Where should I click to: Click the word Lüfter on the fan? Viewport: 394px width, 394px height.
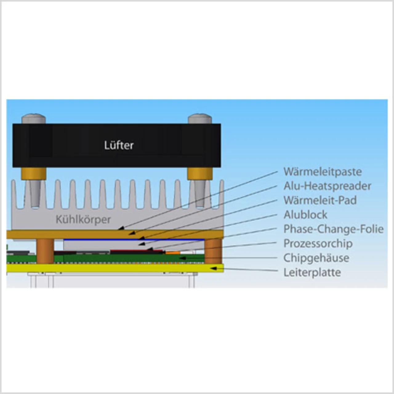coord(119,145)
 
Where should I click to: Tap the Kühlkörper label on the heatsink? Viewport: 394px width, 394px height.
coord(83,219)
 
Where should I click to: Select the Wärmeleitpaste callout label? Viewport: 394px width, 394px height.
coord(322,171)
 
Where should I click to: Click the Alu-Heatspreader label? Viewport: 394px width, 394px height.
coord(327,186)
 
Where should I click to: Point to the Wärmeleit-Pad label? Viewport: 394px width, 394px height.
coord(320,200)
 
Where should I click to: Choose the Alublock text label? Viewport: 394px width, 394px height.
coord(305,215)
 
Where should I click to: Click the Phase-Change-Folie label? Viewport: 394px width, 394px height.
coord(333,229)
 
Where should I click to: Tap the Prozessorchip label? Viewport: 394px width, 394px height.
coord(318,243)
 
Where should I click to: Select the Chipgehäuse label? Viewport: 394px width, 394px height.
coord(316,258)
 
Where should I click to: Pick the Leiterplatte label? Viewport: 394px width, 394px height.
coord(312,272)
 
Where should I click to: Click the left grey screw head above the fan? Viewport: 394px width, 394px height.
coord(34,119)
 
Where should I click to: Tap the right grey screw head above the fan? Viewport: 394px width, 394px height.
coord(200,119)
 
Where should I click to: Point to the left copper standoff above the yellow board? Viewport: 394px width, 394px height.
coord(45,251)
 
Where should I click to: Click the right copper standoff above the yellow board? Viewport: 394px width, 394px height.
coord(213,251)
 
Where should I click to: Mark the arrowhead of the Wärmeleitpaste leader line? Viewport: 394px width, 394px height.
coord(121,228)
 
